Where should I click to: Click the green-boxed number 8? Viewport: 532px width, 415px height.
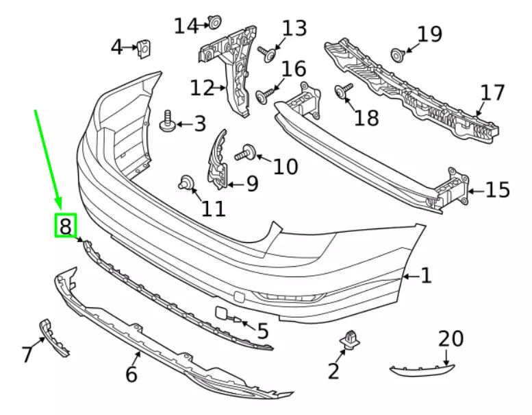[x=65, y=225]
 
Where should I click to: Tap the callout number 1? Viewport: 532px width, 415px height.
[x=426, y=276]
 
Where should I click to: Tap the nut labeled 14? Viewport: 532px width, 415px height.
[x=214, y=24]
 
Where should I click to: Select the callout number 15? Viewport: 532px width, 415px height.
[x=498, y=189]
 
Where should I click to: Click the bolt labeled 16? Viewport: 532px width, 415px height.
[x=264, y=95]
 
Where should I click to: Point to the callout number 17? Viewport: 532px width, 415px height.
[x=492, y=93]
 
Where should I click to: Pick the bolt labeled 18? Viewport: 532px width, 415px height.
[x=342, y=91]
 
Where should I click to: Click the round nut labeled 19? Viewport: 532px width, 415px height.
[x=397, y=53]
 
